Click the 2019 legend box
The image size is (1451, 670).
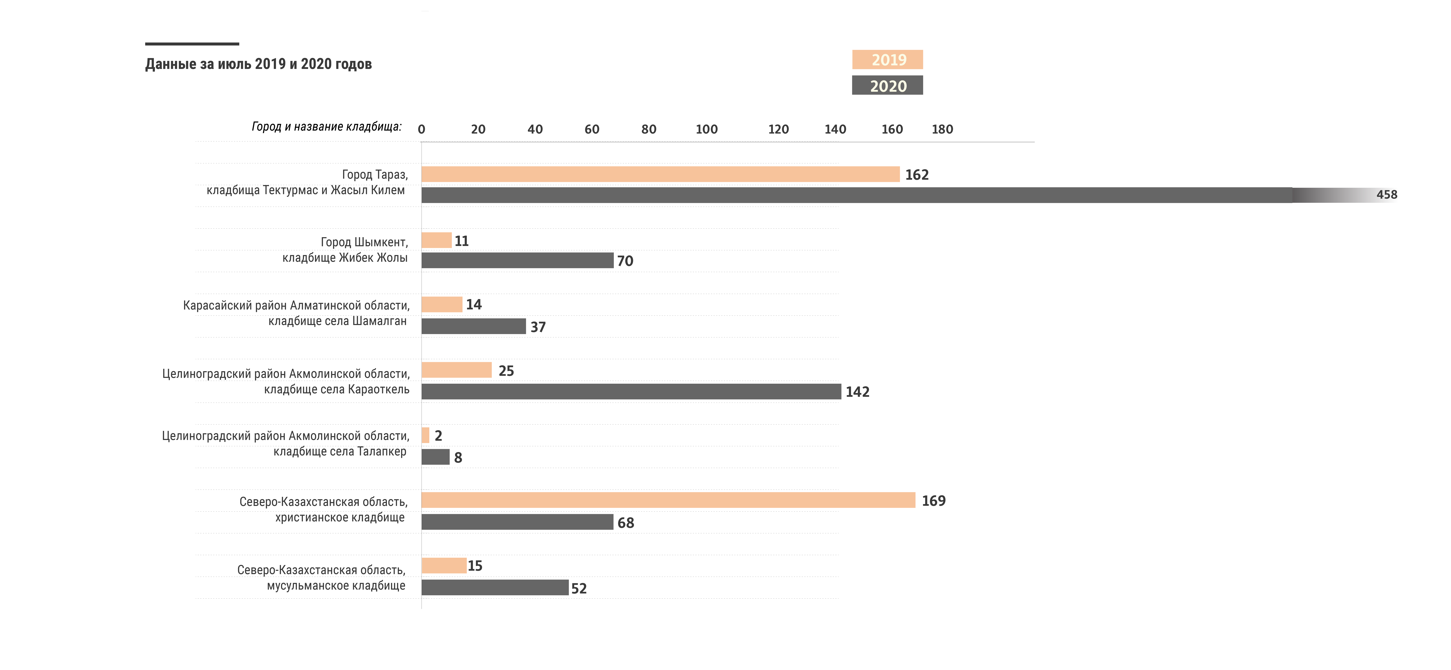pos(887,60)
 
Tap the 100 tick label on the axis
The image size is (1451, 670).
pos(706,130)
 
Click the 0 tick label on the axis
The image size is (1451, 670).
pos(421,130)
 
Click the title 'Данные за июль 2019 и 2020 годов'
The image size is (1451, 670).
pos(259,64)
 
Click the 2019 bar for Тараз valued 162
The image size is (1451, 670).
pos(660,174)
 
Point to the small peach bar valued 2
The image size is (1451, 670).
pos(425,435)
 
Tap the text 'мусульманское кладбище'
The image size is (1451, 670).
pos(336,586)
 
